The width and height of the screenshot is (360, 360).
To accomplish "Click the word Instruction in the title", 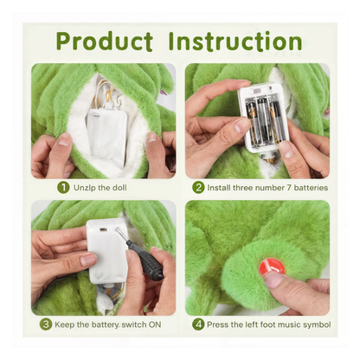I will click(x=236, y=41).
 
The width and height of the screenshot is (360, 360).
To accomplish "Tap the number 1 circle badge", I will click(x=63, y=187).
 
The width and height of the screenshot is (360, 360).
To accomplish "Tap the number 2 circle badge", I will click(x=199, y=187).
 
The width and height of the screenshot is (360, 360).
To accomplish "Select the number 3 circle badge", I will click(x=46, y=325).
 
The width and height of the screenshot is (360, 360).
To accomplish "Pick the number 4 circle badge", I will click(x=198, y=325).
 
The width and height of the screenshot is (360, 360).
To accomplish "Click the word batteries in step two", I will click(x=299, y=187).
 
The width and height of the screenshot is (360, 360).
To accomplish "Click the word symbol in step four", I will click(x=313, y=325).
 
